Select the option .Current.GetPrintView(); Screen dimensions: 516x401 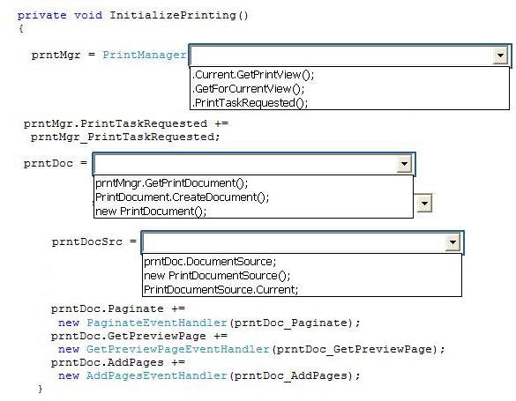tap(253, 75)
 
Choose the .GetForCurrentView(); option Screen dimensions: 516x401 tap(249, 89)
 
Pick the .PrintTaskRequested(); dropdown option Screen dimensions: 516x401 tap(251, 103)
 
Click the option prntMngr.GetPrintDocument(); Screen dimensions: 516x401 tap(171, 183)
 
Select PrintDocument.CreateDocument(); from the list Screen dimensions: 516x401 tap(182, 197)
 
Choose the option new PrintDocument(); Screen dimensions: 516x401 tap(151, 211)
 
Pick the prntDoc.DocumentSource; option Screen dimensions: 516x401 tap(210, 262)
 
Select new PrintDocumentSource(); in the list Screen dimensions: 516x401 tap(217, 276)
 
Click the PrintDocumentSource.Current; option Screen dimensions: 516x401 tap(221, 290)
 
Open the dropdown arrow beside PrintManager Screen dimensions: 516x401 tap(500, 56)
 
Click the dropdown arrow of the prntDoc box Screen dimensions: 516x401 tap(405, 164)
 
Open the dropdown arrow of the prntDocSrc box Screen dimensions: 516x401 tap(452, 242)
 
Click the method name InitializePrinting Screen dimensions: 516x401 tap(172, 16)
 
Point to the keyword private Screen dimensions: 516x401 tap(41, 16)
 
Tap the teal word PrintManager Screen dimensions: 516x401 tap(145, 55)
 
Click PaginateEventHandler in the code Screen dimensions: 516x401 tap(157, 323)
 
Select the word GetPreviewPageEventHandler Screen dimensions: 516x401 tap(178, 349)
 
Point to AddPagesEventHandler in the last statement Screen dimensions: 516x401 tap(157, 375)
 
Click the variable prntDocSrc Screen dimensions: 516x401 tap(87, 241)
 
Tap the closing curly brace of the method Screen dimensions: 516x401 tap(41, 389)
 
